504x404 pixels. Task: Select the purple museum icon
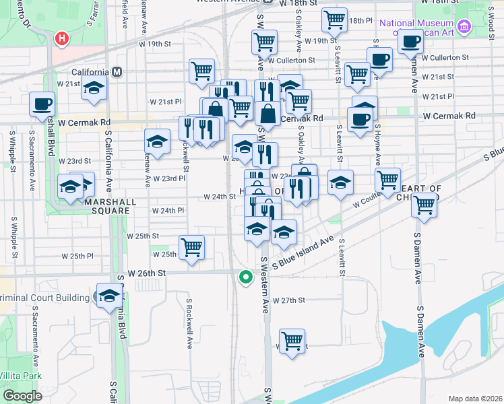[464, 28]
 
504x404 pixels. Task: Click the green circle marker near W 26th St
[246, 276]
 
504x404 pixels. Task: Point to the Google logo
[22, 396]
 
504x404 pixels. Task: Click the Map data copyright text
[474, 399]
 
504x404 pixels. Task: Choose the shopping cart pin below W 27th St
[292, 341]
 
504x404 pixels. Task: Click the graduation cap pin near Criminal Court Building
[109, 296]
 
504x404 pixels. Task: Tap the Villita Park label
[22, 376]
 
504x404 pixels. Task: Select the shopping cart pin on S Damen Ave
[424, 205]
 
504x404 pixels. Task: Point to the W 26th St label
[146, 273]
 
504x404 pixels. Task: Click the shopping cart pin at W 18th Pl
[334, 20]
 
